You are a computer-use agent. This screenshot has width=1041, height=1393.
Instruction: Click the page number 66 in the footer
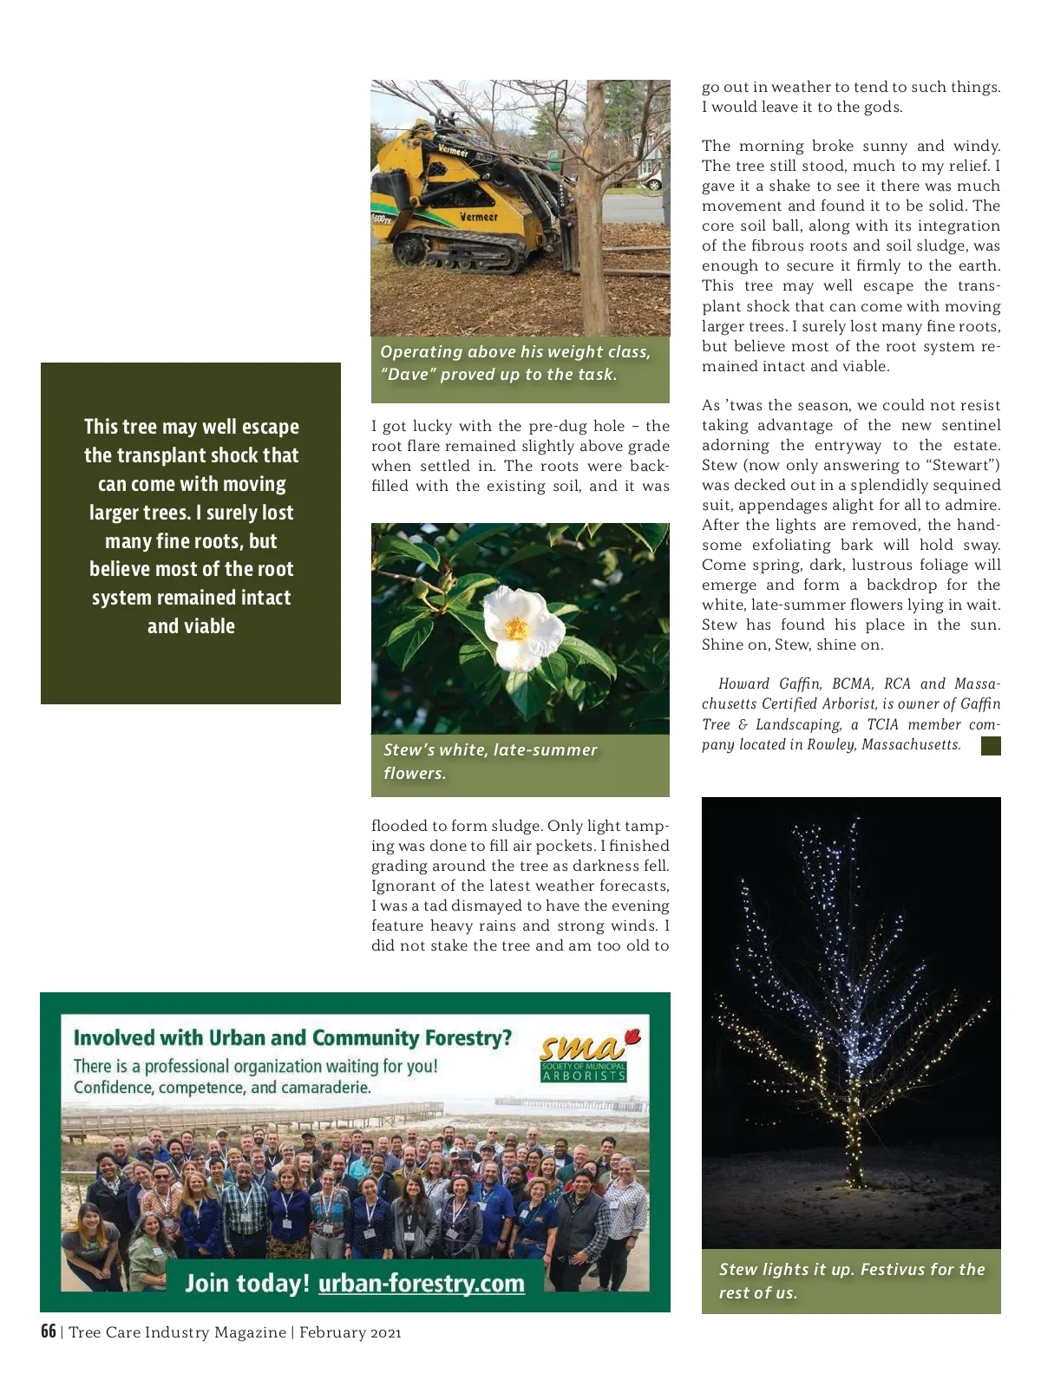point(49,1331)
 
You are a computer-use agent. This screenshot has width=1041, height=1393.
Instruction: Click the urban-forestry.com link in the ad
point(421,1283)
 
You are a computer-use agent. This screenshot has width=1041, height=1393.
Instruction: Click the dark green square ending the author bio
point(991,745)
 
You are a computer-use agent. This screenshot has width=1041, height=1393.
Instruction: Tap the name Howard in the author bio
point(744,683)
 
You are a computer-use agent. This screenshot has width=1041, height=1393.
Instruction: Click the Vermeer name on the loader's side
point(479,217)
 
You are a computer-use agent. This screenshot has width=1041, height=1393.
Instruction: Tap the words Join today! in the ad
point(247,1283)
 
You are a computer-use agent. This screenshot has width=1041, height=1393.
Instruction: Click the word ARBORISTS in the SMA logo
point(583,1076)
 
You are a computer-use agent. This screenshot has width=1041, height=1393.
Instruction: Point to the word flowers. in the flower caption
point(415,773)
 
